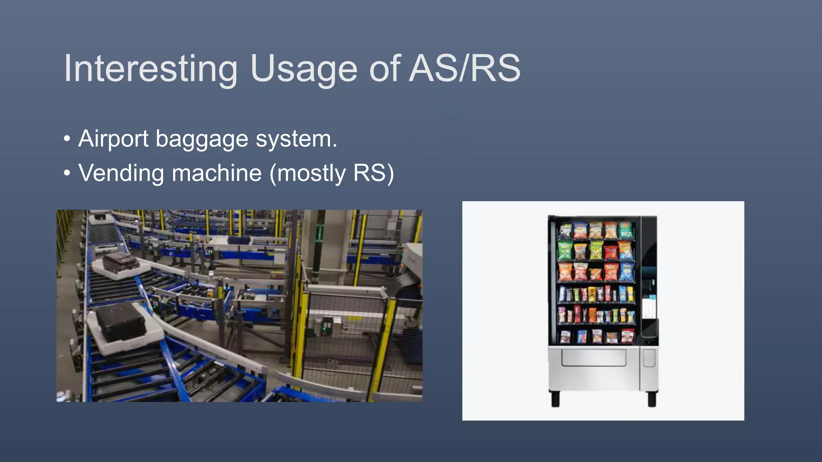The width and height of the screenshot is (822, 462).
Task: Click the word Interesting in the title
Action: tap(151, 69)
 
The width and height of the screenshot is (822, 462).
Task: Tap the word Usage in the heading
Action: tap(303, 69)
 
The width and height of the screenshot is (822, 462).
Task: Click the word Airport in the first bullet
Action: tap(114, 139)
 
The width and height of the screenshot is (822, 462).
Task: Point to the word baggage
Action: tap(202, 140)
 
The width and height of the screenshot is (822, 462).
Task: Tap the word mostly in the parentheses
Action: tap(311, 174)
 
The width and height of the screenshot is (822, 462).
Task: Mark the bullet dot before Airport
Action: tap(67, 139)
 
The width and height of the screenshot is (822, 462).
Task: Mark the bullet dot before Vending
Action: tap(67, 173)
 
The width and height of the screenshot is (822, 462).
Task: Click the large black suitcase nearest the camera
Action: tap(121, 322)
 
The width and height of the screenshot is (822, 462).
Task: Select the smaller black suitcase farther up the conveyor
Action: tap(121, 261)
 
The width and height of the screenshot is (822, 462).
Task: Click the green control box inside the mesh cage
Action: tap(327, 326)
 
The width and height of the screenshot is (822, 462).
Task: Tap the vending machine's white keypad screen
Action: tap(649, 307)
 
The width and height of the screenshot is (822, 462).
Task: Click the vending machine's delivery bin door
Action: tap(593, 357)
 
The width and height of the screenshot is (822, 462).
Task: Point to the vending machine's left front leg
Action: tap(555, 399)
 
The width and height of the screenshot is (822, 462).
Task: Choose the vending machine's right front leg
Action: tap(652, 399)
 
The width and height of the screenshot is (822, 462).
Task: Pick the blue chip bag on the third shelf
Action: tap(627, 272)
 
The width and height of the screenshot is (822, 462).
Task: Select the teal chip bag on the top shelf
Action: tap(626, 230)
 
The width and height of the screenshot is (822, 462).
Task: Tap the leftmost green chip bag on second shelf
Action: tap(565, 250)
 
